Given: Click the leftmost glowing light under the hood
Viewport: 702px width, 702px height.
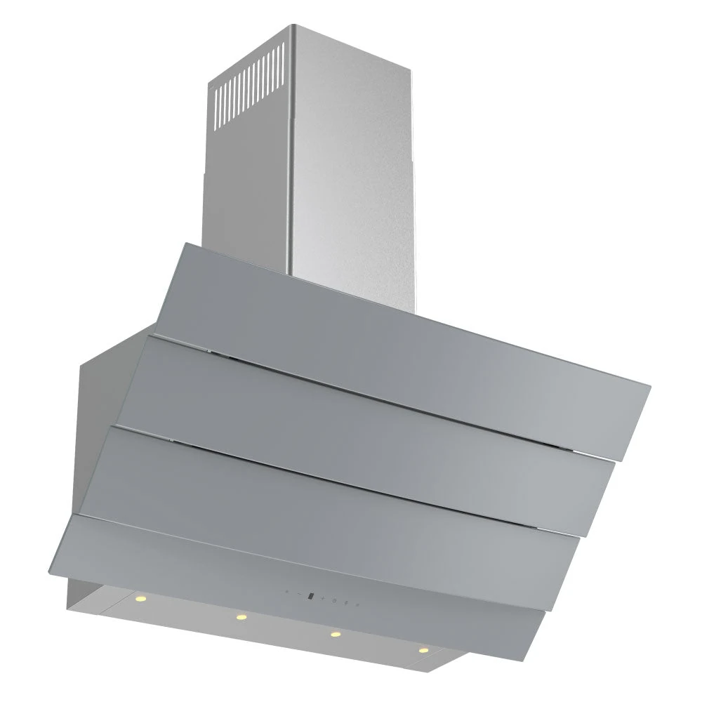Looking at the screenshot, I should tap(139, 598).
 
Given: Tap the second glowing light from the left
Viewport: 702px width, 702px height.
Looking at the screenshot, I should tap(241, 617).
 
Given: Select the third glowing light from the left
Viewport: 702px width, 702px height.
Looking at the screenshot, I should tap(335, 635).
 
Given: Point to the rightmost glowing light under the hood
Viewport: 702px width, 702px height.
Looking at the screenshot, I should tap(423, 650).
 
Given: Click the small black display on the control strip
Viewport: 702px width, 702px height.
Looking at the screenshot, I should tap(311, 597).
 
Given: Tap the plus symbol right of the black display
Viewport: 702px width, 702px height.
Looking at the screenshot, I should tap(323, 598).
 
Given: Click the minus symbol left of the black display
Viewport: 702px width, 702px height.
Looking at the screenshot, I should tap(300, 593).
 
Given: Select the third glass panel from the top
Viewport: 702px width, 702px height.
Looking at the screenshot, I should tap(337, 484).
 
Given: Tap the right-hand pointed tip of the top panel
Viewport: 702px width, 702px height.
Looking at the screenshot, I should tap(649, 385).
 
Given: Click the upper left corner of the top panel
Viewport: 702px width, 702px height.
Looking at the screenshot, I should tap(184, 244).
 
